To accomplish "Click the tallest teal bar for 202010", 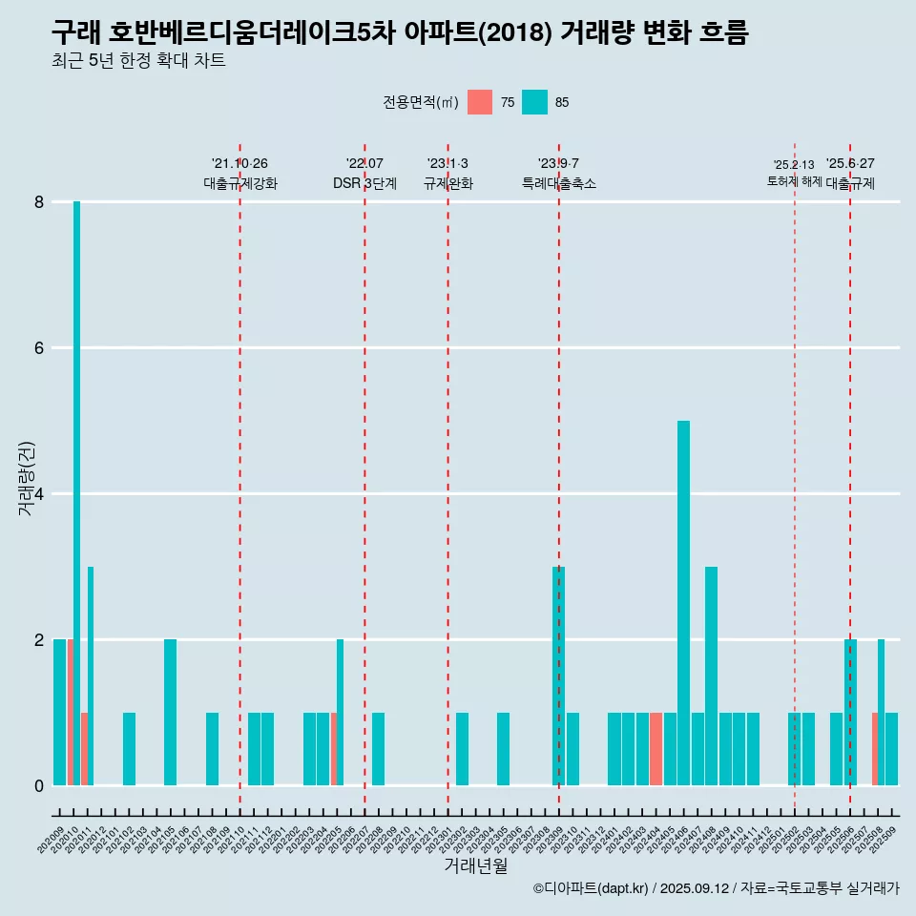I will point(76,492).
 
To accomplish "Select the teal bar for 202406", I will point(683,603).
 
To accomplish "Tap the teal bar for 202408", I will point(711,676).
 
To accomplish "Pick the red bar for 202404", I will point(656,749).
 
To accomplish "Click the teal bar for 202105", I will point(170,712).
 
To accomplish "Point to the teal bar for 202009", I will point(59,712).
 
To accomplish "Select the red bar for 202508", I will point(875,749).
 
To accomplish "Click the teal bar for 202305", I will point(503,749).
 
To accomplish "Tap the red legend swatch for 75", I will point(480,102).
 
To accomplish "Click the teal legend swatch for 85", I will point(534,102).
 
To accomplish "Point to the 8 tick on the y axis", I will point(39,202).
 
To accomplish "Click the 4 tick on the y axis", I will point(39,494).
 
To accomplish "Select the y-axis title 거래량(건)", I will point(26,478).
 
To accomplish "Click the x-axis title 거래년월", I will point(475,865).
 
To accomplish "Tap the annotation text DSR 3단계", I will point(364,183).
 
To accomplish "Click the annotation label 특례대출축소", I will point(559,183).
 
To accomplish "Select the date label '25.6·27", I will point(850,163).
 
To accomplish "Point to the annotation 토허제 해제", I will point(795,181).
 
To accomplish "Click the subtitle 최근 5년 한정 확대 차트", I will point(138,62).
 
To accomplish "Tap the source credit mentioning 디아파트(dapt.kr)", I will point(716,888).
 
